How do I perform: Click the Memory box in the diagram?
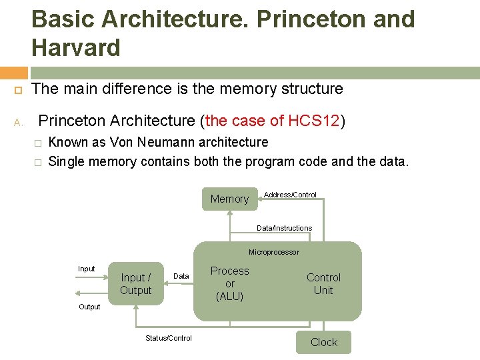[x=229, y=199]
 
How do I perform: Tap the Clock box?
[x=324, y=342]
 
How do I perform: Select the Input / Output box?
[x=136, y=284]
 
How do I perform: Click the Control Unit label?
[x=323, y=284]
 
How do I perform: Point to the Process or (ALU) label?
[x=230, y=283]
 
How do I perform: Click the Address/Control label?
[x=290, y=195]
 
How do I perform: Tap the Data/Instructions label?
[x=285, y=228]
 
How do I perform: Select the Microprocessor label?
[x=274, y=252]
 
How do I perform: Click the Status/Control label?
[x=169, y=338]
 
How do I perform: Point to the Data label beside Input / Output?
[x=181, y=276]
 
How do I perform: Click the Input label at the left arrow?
[x=87, y=269]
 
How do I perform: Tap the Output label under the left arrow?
[x=89, y=307]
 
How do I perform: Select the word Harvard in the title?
[x=75, y=48]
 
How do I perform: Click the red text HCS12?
[x=314, y=121]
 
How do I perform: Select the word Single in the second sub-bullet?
[x=68, y=161]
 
